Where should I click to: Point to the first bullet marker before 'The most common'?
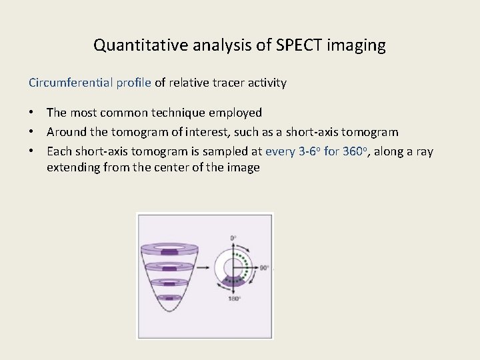(32, 113)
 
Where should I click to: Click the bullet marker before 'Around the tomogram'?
(32, 132)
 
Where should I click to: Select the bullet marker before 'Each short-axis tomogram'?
(32, 151)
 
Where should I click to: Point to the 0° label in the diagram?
(234, 238)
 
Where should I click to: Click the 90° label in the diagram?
(265, 268)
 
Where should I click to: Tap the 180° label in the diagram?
(234, 299)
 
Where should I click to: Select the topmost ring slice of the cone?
(171, 251)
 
